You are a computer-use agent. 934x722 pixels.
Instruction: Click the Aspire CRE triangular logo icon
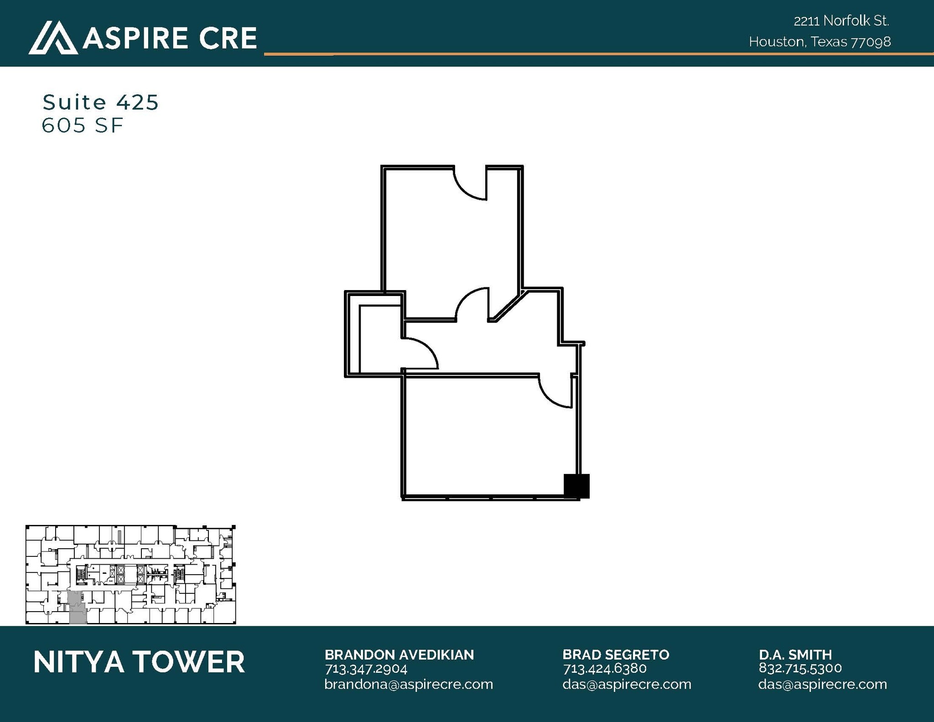[x=53, y=37]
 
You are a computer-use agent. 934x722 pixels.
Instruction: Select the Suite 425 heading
[x=100, y=102]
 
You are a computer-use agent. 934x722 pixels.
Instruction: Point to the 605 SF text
[x=83, y=125]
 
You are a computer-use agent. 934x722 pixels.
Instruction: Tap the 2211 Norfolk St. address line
[x=841, y=21]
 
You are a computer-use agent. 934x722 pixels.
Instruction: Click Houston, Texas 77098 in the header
[x=820, y=42]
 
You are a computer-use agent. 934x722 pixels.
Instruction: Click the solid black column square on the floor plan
[x=576, y=486]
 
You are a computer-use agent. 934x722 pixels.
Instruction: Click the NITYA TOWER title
[x=139, y=662]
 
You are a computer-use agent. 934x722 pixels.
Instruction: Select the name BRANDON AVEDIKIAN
[x=399, y=655]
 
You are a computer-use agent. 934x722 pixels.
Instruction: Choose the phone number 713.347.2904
[x=366, y=669]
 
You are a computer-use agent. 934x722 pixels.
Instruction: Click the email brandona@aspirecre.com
[x=409, y=685]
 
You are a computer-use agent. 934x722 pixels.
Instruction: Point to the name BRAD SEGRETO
[x=616, y=655]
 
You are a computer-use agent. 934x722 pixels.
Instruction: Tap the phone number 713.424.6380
[x=605, y=669]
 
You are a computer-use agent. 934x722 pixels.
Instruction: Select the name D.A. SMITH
[x=795, y=655]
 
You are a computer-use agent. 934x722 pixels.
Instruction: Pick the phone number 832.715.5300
[x=800, y=669]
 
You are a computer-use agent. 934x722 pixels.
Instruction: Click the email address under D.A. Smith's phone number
[x=823, y=685]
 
